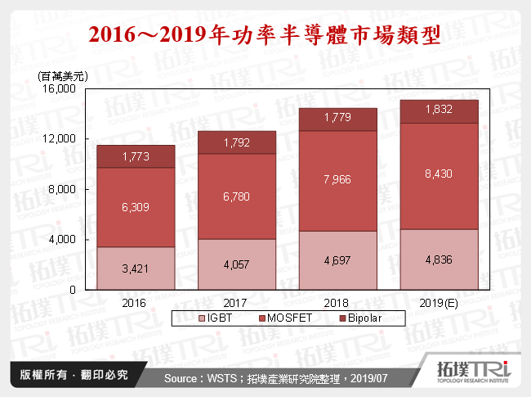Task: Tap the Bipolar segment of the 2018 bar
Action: tap(338, 120)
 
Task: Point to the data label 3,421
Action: tap(136, 268)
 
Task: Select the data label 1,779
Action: tap(338, 119)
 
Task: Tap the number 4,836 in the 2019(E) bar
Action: tap(439, 260)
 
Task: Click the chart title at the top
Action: tap(265, 35)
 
